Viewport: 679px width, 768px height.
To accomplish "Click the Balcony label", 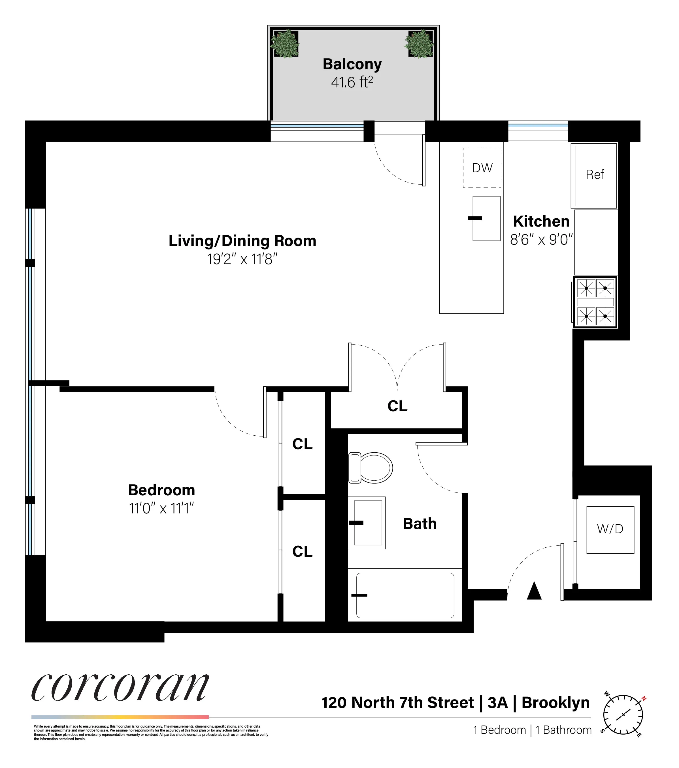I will click(352, 64).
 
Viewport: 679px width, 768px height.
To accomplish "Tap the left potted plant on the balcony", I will click(285, 44).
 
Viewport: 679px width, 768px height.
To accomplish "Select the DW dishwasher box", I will click(482, 167).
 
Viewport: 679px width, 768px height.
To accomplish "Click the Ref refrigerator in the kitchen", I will click(594, 175).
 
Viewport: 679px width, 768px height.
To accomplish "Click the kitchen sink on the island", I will click(486, 218).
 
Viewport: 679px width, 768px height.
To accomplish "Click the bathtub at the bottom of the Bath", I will click(405, 595).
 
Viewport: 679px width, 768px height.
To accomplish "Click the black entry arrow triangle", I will click(534, 591).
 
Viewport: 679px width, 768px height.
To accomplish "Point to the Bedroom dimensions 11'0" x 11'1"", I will click(161, 508).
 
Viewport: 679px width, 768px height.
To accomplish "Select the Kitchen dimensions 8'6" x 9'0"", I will click(541, 239).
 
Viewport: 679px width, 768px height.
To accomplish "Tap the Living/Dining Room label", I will click(242, 241).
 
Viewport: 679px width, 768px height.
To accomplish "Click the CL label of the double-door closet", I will click(397, 406).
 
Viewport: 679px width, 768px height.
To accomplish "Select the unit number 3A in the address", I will click(497, 703).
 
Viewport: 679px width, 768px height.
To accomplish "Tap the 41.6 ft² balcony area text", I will click(352, 82).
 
